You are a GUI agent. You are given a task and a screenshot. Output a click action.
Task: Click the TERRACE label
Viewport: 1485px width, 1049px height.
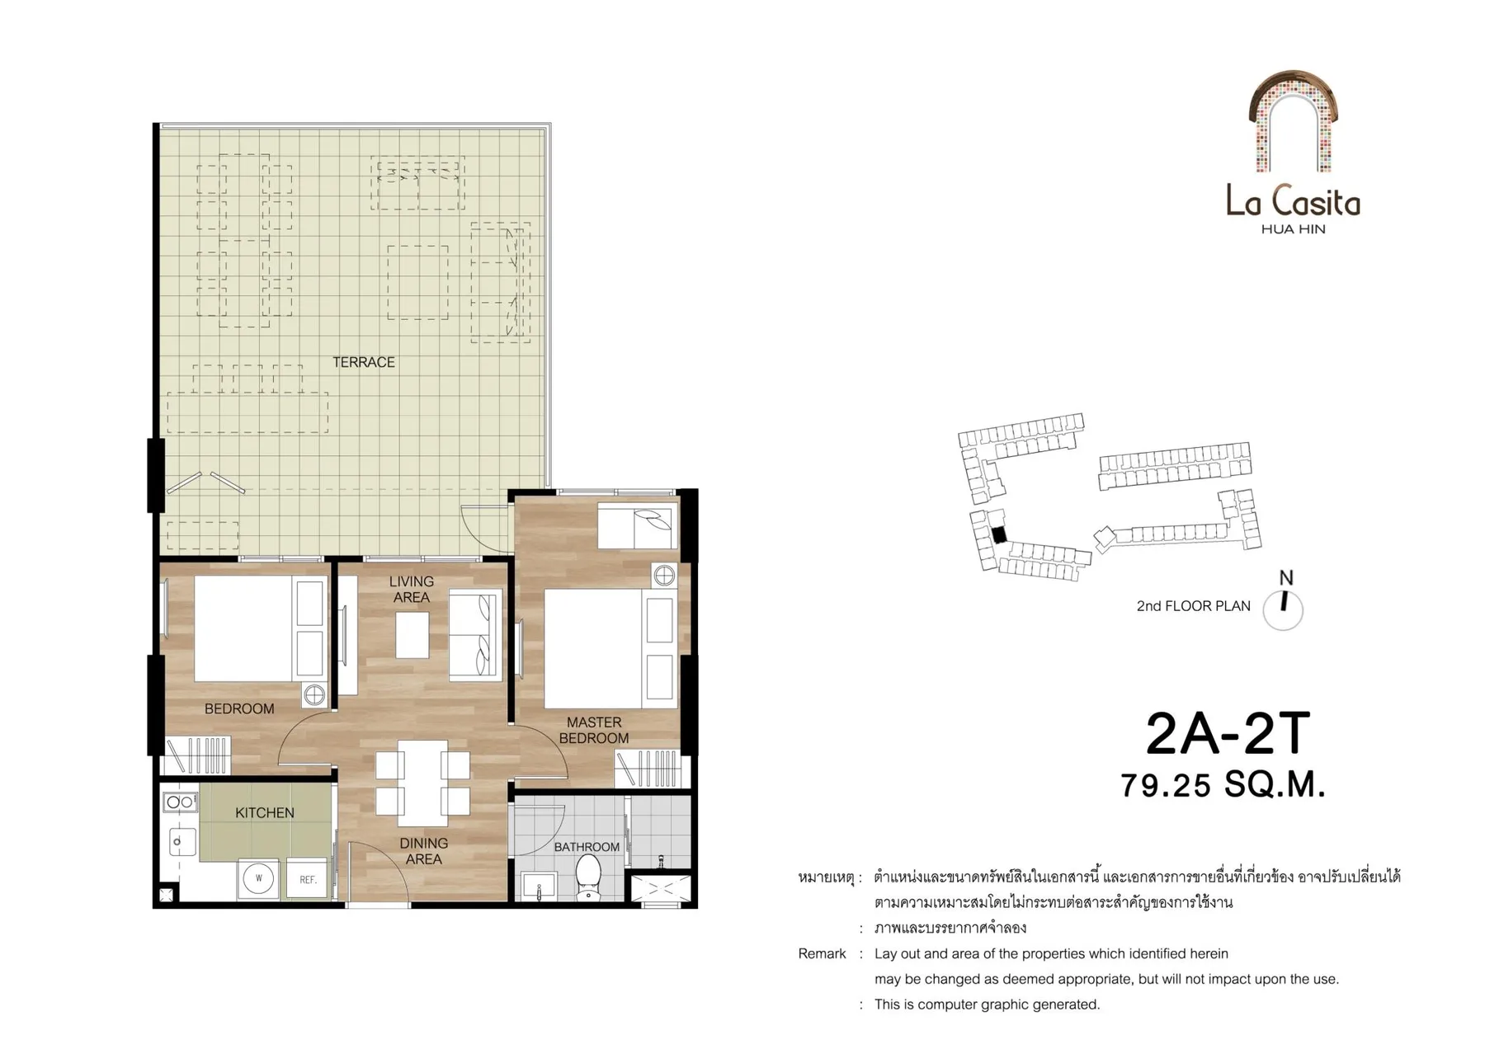pyautogui.click(x=363, y=362)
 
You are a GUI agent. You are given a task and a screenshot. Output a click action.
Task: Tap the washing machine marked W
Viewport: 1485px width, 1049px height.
pyautogui.click(x=258, y=878)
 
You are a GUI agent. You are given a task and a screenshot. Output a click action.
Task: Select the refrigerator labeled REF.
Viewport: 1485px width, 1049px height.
pyautogui.click(x=308, y=879)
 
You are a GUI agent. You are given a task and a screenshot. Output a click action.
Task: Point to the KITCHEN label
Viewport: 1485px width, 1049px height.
pyautogui.click(x=264, y=812)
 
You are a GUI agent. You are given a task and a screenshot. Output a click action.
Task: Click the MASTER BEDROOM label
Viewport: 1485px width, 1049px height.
pyautogui.click(x=594, y=730)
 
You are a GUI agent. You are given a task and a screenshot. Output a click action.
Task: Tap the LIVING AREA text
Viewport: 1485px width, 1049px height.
pyautogui.click(x=411, y=589)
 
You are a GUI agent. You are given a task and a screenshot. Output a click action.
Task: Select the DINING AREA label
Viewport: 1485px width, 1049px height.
pyautogui.click(x=423, y=851)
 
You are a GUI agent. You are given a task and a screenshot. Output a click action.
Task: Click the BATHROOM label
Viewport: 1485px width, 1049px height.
pyautogui.click(x=587, y=847)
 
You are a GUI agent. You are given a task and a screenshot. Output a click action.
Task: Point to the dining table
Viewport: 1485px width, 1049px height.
pyautogui.click(x=422, y=783)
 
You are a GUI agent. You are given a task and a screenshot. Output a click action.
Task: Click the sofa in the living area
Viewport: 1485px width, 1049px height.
pyautogui.click(x=475, y=635)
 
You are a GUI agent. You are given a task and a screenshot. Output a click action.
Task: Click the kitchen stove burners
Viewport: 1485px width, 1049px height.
pyautogui.click(x=181, y=802)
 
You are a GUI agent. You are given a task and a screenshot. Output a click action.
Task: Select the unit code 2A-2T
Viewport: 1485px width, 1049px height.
pyautogui.click(x=1227, y=733)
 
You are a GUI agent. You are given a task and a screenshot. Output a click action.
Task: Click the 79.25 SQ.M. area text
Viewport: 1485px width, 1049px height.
pyautogui.click(x=1223, y=785)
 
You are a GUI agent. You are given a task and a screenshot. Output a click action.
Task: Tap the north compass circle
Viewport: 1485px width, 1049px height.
pyautogui.click(x=1283, y=611)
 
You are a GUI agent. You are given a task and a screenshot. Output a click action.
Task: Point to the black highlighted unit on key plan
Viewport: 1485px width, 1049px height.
pyautogui.click(x=999, y=534)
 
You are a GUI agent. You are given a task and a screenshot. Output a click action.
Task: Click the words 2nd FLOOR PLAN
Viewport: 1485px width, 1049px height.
pyautogui.click(x=1193, y=606)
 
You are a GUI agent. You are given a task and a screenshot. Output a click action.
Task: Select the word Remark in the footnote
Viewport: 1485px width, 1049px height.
pyautogui.click(x=822, y=953)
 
